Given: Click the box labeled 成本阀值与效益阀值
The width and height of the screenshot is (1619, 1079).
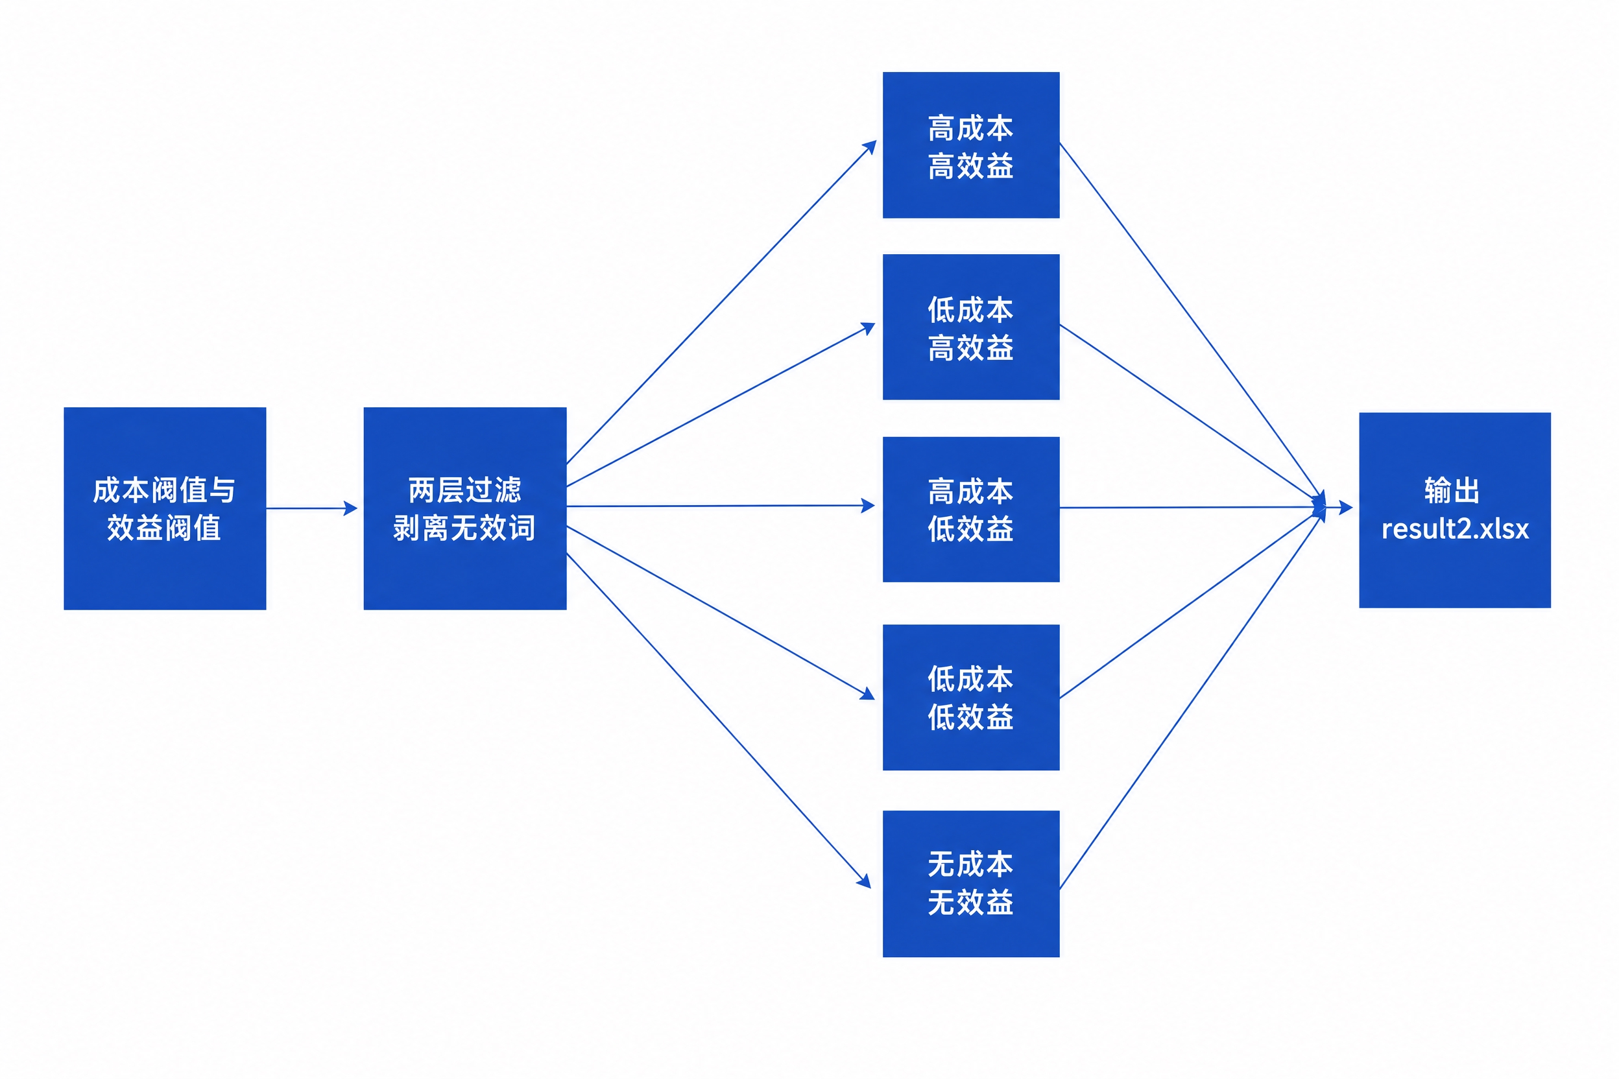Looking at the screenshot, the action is (x=165, y=508).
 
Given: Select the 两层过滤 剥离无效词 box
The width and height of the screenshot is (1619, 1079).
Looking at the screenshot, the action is (x=465, y=508).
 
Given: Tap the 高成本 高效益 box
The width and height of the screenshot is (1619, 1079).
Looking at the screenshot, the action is (x=971, y=145).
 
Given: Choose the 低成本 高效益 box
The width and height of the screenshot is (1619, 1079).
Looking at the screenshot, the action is (x=971, y=327).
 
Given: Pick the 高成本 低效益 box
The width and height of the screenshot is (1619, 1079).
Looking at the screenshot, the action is (x=971, y=509).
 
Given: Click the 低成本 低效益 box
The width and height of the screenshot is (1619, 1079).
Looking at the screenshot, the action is (x=971, y=697).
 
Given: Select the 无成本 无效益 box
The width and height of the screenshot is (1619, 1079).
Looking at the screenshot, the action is (x=971, y=884).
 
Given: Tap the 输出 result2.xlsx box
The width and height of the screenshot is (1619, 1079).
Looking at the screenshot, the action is (x=1455, y=510).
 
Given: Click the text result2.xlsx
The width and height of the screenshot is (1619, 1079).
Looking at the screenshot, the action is (x=1455, y=529).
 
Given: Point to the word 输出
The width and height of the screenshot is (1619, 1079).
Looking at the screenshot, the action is (x=1452, y=491).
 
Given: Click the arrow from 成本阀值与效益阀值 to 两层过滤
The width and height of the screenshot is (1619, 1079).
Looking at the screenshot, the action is (x=312, y=508).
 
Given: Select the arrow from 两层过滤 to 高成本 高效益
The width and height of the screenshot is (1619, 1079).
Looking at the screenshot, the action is (x=721, y=302).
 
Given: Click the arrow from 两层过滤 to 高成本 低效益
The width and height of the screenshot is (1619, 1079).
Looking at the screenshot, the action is (x=721, y=506).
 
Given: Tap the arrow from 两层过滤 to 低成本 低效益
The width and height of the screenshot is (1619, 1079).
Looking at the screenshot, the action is (x=721, y=613).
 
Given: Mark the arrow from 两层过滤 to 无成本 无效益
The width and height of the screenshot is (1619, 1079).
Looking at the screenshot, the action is (x=719, y=720).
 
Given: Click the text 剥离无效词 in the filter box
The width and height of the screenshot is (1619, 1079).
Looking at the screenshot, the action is (x=464, y=528).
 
